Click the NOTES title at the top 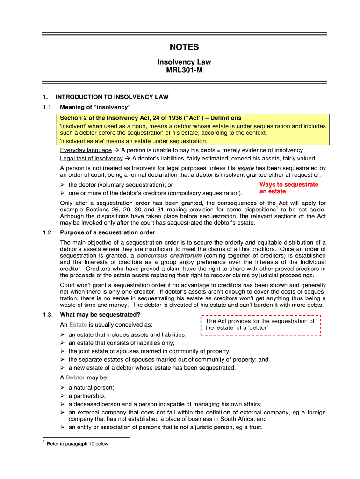click(184, 47)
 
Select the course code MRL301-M click(184, 70)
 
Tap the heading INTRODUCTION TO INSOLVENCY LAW click(112, 97)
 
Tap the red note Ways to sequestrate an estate click(288, 188)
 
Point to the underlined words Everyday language click(86, 150)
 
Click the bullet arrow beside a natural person click(63, 388)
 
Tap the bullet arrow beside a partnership click(63, 396)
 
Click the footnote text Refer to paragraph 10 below click(78, 444)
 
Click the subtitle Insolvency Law click(184, 62)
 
